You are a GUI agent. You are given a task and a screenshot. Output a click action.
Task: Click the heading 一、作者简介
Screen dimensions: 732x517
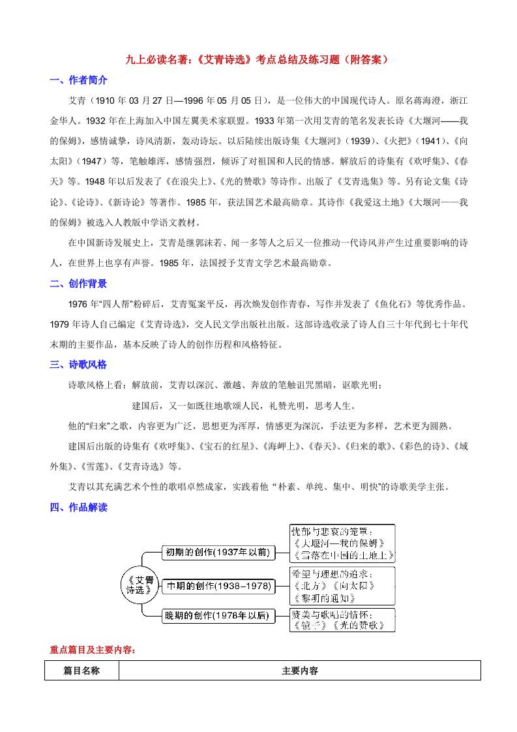point(79,80)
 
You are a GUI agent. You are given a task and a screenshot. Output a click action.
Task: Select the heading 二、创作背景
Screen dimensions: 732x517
point(79,284)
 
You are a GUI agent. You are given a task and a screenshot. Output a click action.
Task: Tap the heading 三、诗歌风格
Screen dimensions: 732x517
point(79,365)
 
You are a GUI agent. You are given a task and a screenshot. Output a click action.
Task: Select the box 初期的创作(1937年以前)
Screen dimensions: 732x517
point(217,553)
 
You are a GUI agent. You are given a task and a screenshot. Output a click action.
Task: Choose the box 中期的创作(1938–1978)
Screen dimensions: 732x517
point(217,586)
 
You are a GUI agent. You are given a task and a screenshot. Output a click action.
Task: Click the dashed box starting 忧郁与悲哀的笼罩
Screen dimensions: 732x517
point(343,543)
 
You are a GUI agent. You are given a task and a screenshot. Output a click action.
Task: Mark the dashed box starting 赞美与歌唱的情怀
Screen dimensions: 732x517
point(343,619)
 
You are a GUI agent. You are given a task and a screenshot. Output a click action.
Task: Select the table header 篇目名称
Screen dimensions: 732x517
point(81,671)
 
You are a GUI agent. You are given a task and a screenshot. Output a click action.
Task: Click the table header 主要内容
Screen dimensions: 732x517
point(300,671)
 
